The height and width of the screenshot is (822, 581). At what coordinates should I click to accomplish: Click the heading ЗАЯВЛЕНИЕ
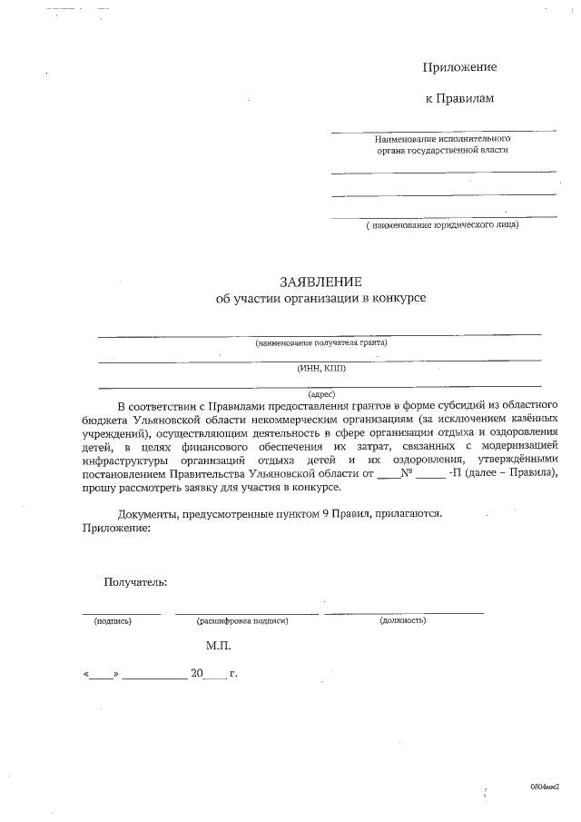(320, 282)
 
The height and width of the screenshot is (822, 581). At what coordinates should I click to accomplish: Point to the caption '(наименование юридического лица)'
(443, 224)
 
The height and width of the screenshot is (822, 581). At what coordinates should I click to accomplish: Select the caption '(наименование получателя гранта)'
(320, 342)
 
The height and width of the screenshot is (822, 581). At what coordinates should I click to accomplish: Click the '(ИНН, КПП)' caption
(320, 368)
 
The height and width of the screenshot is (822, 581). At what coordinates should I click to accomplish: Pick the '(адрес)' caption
(321, 394)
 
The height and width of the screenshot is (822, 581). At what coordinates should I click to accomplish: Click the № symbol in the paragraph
(408, 473)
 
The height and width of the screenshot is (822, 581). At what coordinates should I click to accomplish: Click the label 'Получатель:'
(135, 582)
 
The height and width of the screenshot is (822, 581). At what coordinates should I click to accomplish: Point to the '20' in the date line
(198, 675)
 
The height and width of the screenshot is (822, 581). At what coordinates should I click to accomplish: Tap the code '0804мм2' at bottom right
(546, 787)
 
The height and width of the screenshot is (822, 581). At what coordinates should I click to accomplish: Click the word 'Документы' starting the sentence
(147, 513)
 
